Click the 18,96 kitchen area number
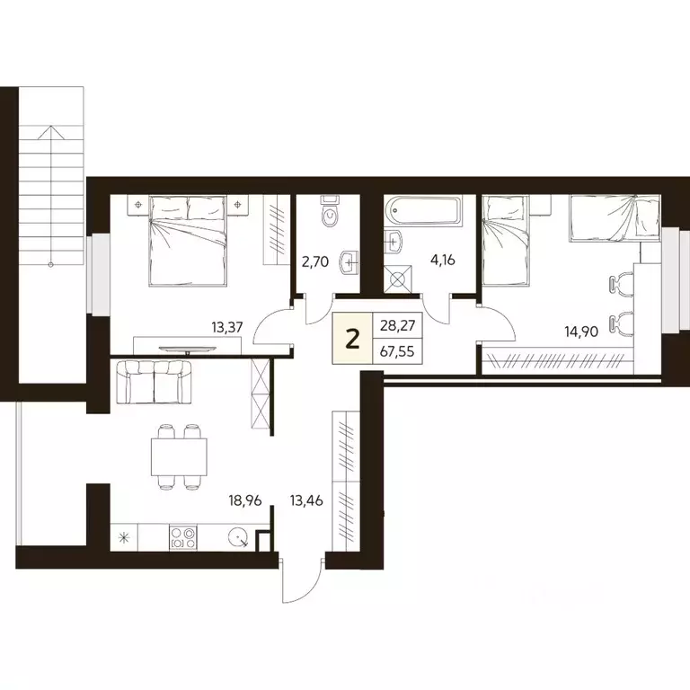pyautogui.click(x=244, y=500)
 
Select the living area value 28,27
pyautogui.click(x=394, y=326)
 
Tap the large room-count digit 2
pyautogui.click(x=353, y=339)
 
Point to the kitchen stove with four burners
pyautogui.click(x=183, y=538)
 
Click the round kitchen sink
pyautogui.click(x=237, y=537)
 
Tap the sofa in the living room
pyautogui.click(x=155, y=382)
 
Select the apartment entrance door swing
pyautogui.click(x=296, y=580)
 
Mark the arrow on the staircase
pyautogui.click(x=51, y=131)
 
